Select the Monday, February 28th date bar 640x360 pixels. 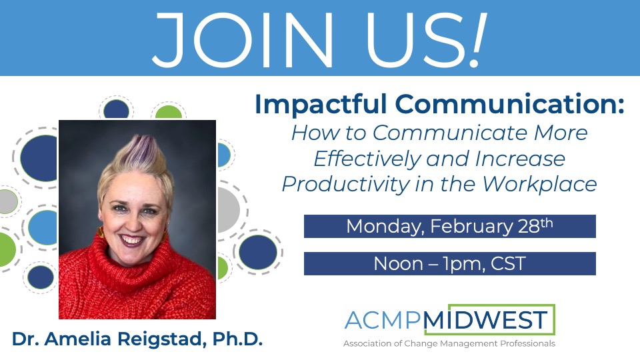pyautogui.click(x=449, y=226)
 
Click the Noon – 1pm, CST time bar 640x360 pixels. pyautogui.click(x=449, y=263)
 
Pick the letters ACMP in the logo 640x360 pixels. pyautogui.click(x=383, y=321)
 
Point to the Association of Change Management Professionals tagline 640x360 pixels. pyautogui.click(x=449, y=344)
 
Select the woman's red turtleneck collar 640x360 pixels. pyautogui.click(x=133, y=260)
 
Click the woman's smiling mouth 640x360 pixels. pyautogui.click(x=132, y=238)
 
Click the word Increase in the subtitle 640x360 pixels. pyautogui.click(x=523, y=158)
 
